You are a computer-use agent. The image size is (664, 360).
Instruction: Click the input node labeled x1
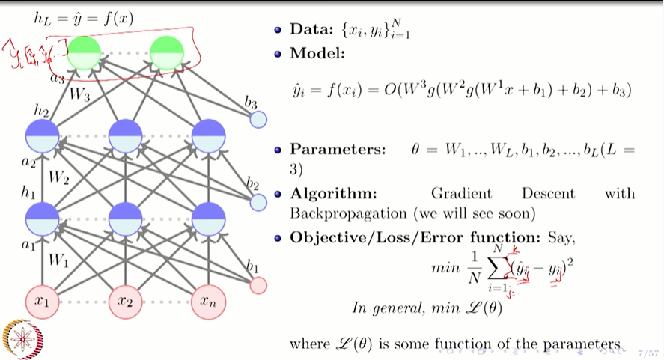(43, 302)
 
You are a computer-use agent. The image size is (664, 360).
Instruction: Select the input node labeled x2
(126, 302)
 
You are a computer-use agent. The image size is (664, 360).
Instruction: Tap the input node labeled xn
(209, 302)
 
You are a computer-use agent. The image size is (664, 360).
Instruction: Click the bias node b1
(258, 285)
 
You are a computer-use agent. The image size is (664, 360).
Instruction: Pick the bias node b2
(258, 202)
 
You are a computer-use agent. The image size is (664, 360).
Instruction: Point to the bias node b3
(258, 119)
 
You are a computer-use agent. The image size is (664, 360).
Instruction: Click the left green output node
(84, 53)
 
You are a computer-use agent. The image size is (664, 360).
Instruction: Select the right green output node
(167, 53)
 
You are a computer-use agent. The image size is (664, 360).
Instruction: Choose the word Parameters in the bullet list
(338, 149)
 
